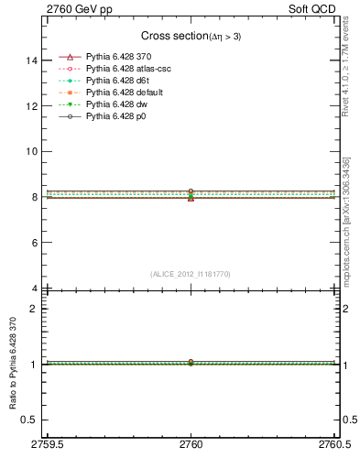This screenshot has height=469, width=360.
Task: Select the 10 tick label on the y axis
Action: tap(34, 151)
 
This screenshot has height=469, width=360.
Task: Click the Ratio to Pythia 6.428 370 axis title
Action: tap(13, 367)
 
